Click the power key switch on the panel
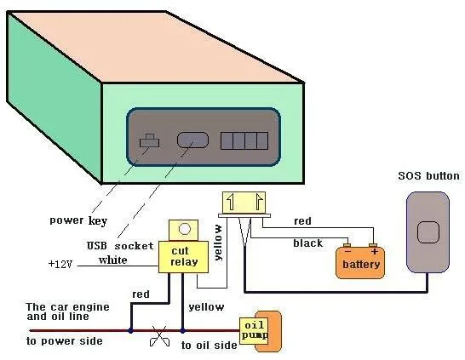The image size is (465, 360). [150, 141]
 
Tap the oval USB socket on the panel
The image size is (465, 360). [192, 140]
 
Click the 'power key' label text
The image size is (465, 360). [78, 220]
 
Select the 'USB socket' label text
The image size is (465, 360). [120, 246]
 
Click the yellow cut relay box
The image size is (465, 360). [183, 256]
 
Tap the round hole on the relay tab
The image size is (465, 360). [185, 229]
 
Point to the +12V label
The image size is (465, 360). [60, 264]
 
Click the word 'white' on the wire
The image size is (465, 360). [113, 260]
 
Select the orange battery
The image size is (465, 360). [360, 262]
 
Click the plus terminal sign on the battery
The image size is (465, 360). [375, 252]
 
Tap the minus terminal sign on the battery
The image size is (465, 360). [348, 251]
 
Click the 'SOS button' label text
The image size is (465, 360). [429, 176]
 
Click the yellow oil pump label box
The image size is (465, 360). [254, 331]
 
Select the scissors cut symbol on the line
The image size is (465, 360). [159, 336]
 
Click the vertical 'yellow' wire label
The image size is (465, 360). [218, 243]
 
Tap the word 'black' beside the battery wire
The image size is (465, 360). [307, 243]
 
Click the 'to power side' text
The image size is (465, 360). [65, 341]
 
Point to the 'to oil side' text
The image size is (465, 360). [209, 346]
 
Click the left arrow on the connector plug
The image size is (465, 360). [231, 202]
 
